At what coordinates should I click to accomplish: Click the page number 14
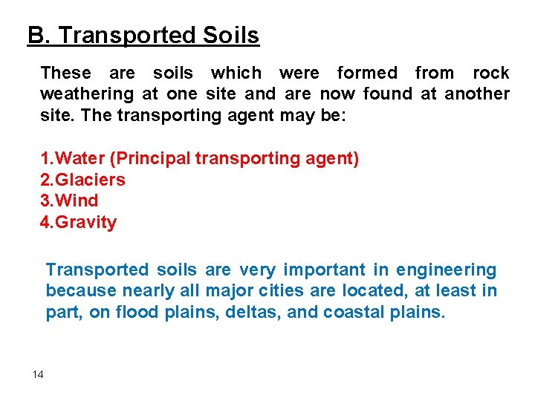click(38, 374)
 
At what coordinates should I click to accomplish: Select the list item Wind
click(77, 200)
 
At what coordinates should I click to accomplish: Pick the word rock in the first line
click(491, 73)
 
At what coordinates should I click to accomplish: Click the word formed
click(367, 73)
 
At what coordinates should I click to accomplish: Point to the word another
click(477, 94)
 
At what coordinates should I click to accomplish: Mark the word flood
click(134, 312)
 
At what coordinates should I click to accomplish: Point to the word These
click(66, 73)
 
